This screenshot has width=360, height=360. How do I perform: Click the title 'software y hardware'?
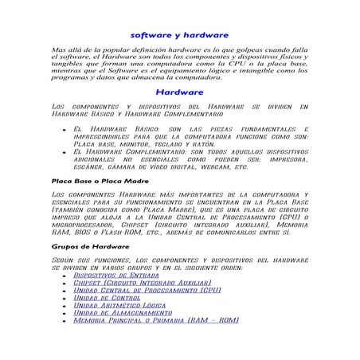[x=179, y=35]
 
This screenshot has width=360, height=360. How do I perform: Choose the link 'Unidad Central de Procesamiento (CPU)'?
[x=146, y=290]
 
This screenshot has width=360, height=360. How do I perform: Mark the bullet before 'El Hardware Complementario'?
[x=63, y=151]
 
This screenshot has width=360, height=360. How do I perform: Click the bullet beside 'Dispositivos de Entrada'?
[x=63, y=275]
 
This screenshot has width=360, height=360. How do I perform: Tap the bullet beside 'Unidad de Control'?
[x=63, y=298]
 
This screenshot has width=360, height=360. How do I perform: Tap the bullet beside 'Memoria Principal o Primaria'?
[x=63, y=321]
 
